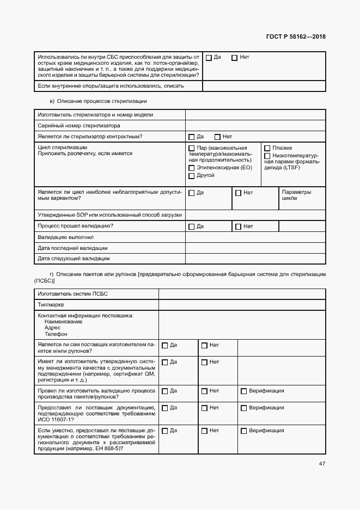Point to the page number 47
[322, 464]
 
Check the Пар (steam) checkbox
[191, 148]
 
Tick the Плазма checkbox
[267, 148]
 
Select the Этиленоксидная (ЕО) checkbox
[191, 168]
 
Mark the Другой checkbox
[191, 176]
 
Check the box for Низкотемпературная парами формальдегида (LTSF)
[267, 156]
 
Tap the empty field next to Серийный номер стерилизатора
[255, 125]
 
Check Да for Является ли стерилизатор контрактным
[191, 137]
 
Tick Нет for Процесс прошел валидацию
[238, 226]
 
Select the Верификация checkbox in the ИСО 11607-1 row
[243, 408]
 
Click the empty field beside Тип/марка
[242, 305]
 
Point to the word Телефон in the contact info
[56, 334]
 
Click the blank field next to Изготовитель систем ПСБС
[242, 294]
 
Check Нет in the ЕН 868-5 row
[204, 431]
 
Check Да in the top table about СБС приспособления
[209, 57]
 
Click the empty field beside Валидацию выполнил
[255, 237]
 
